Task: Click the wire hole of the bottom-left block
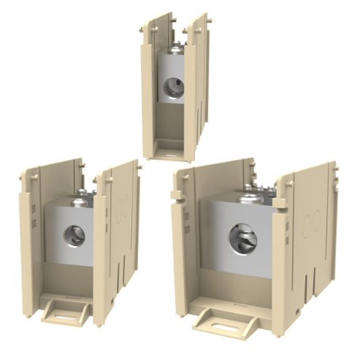73,235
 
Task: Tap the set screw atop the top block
175,50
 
